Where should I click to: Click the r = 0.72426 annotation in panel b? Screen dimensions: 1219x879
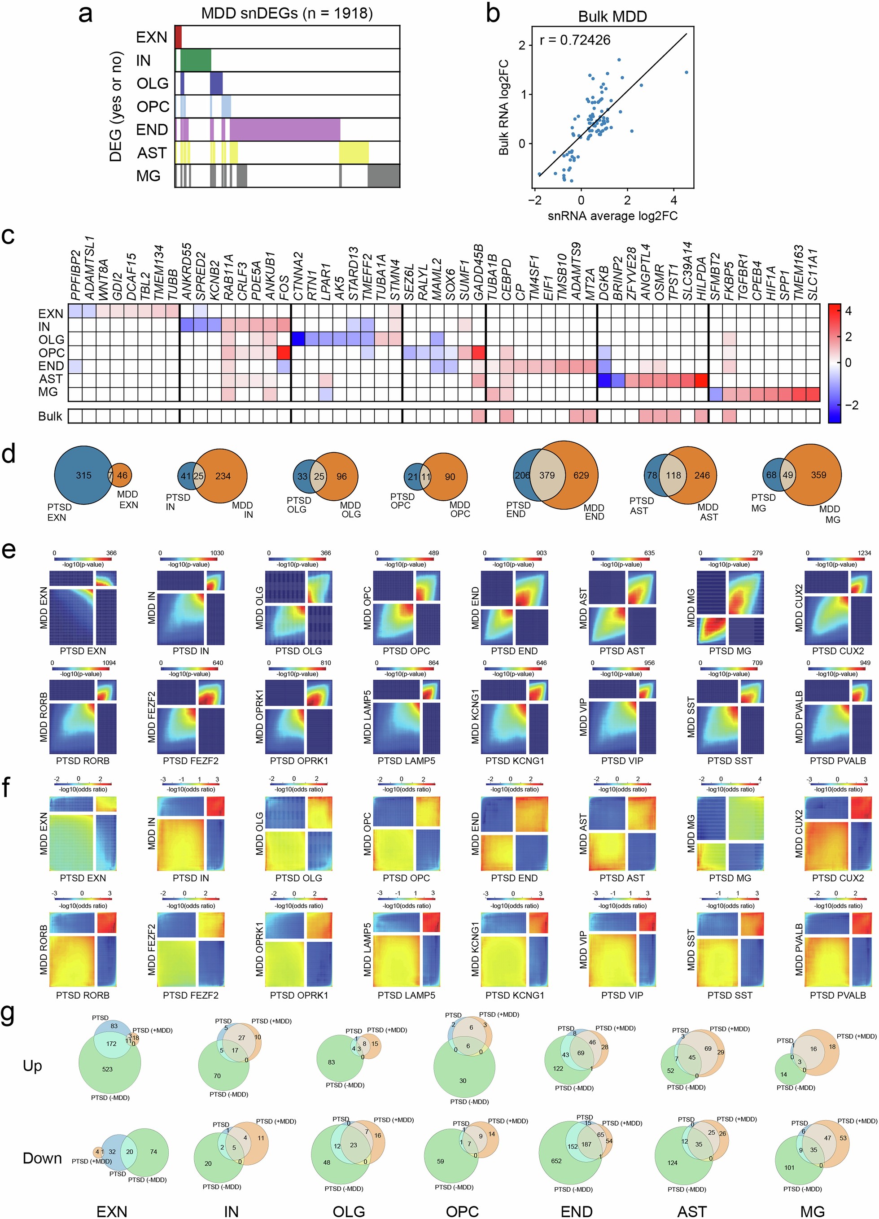pos(575,40)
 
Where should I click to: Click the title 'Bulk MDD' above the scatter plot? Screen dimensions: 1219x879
pos(612,17)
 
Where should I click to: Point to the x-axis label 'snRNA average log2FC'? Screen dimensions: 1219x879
pos(612,216)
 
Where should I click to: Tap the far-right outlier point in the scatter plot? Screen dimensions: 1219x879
pos(686,72)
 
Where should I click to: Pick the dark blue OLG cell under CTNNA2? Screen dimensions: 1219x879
pos(298,339)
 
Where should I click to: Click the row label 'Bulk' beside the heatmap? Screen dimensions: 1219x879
pos(50,416)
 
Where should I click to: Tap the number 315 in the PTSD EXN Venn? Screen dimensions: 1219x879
pos(83,475)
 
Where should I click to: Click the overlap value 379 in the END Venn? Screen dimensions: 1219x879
pos(547,475)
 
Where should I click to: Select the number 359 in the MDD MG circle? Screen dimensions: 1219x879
pos(818,475)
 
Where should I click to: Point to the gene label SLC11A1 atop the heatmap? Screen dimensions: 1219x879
pos(813,274)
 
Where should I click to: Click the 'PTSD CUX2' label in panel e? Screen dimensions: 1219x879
pos(838,651)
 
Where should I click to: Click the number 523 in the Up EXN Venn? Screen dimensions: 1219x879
pos(108,1069)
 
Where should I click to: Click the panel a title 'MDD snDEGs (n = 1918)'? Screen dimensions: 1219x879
pos(287,13)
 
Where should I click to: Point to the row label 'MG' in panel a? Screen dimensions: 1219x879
pos(149,176)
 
